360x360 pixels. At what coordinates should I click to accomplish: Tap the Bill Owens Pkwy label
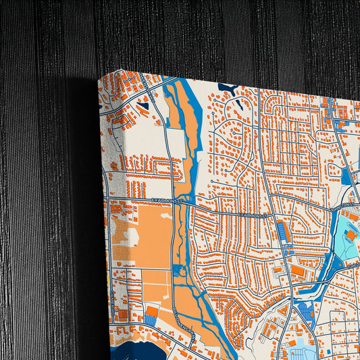pyautogui.click(x=183, y=320)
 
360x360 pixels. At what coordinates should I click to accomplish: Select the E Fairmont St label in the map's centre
pyautogui.click(x=253, y=215)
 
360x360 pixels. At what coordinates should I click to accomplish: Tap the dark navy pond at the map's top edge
pyautogui.click(x=227, y=88)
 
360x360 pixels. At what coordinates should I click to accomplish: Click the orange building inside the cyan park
pyautogui.click(x=351, y=233)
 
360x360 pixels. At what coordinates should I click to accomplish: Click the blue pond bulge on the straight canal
pyautogui.click(x=179, y=270)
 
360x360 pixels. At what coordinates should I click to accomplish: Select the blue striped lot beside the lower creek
pyautogui.click(x=306, y=311)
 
